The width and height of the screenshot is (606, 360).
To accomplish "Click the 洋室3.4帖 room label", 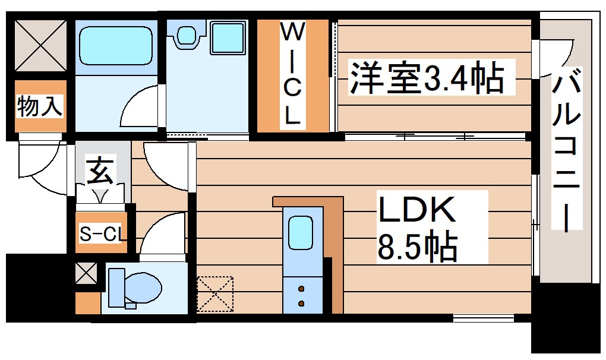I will click(426, 78).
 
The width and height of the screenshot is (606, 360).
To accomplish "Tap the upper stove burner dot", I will click(301, 289).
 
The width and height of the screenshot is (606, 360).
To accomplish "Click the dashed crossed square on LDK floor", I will click(216, 293).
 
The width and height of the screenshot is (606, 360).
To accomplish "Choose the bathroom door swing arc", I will click(139, 107).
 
